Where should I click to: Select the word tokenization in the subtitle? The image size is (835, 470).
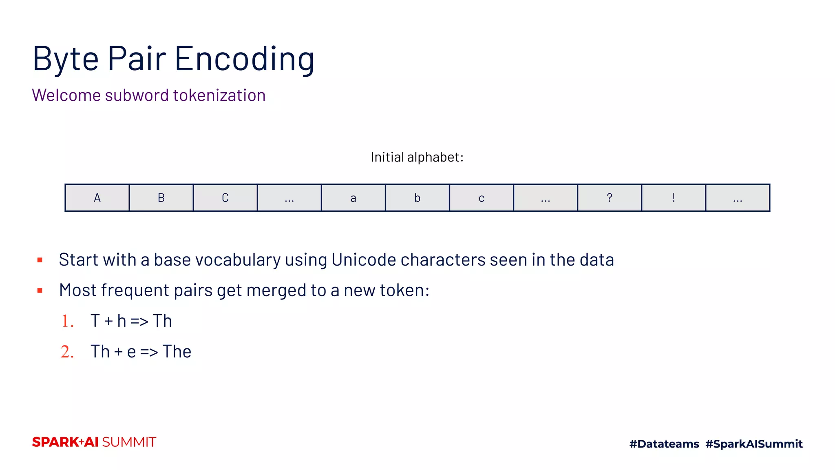pyautogui.click(x=219, y=95)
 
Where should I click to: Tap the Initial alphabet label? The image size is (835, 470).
pyautogui.click(x=417, y=157)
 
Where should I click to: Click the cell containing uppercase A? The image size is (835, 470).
pyautogui.click(x=97, y=198)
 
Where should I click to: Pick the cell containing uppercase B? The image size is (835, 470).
pyautogui.click(x=161, y=198)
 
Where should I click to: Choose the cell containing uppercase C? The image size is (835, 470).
pyautogui.click(x=225, y=198)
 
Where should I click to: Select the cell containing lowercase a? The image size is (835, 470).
pyautogui.click(x=353, y=198)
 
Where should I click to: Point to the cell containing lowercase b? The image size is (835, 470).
pyautogui.click(x=417, y=198)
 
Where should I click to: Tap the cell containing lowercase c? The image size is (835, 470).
pyautogui.click(x=481, y=198)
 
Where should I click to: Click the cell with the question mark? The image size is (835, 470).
pyautogui.click(x=609, y=198)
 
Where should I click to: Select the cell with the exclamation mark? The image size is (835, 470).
pyautogui.click(x=673, y=198)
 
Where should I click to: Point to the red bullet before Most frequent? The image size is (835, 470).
pyautogui.click(x=40, y=290)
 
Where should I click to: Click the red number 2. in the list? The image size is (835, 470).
pyautogui.click(x=67, y=352)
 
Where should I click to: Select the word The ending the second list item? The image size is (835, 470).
pyautogui.click(x=177, y=352)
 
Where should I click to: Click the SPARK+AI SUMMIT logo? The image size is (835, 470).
pyautogui.click(x=94, y=442)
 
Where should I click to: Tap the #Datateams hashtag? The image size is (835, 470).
pyautogui.click(x=664, y=444)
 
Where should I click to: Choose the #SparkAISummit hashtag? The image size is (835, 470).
pyautogui.click(x=754, y=444)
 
